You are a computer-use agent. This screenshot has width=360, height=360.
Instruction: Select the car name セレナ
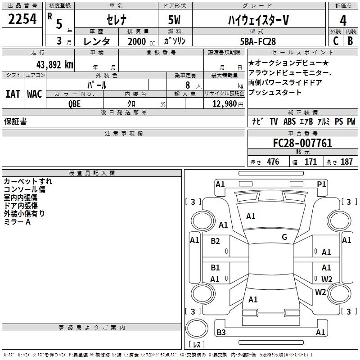tap(116, 20)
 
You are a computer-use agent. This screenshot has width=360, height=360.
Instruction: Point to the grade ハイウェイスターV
tap(257, 20)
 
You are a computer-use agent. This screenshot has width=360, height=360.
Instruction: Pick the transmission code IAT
tap(13, 94)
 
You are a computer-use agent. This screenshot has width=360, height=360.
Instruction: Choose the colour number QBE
tap(75, 103)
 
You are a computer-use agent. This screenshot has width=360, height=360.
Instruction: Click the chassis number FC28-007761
tap(302, 143)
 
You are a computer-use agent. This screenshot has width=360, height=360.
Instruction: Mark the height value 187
tap(346, 162)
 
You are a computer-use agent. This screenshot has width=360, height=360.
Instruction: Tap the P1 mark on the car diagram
tap(321, 184)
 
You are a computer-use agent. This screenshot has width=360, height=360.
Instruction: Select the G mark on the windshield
tap(284, 237)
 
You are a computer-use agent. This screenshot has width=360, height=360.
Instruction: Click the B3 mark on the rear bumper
tap(221, 333)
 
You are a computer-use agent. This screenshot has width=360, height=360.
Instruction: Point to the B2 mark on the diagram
tap(216, 241)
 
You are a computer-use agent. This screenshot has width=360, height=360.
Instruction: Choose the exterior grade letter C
tap(335, 41)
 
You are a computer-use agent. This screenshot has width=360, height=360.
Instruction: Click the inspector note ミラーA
tap(17, 222)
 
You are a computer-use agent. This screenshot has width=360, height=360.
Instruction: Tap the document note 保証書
tap(15, 121)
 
